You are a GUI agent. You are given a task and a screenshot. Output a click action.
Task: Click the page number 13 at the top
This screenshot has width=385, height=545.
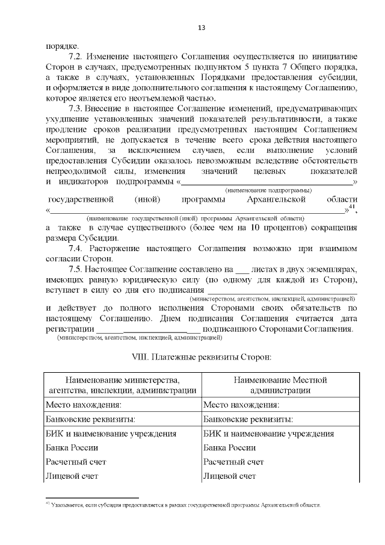[202, 28]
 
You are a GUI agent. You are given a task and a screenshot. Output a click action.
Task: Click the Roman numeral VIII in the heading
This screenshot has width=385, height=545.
[143, 357]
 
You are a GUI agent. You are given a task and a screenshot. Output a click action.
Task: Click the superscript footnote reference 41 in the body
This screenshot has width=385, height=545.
[353, 208]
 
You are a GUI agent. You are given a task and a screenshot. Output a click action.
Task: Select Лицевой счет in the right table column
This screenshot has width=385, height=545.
[230, 476]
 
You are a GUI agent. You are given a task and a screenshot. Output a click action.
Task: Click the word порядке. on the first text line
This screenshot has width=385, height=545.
[61, 45]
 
